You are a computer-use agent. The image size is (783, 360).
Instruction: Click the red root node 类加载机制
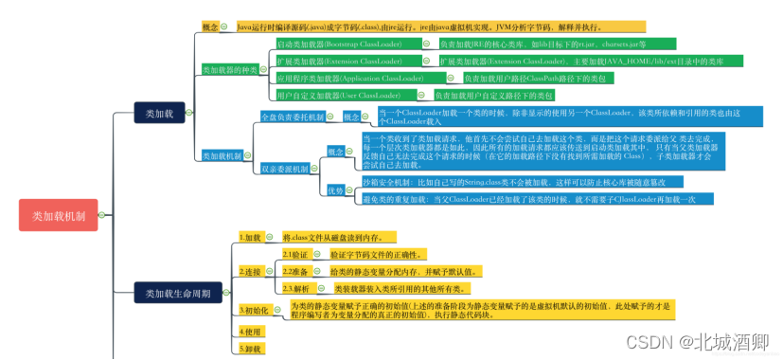pyautogui.click(x=58, y=216)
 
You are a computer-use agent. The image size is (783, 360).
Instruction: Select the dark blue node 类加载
pyautogui.click(x=158, y=113)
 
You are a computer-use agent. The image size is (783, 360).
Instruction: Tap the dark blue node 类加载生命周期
pyautogui.click(x=178, y=292)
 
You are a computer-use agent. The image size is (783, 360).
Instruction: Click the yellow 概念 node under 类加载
pyautogui.click(x=210, y=27)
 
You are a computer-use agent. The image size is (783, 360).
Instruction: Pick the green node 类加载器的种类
pyautogui.click(x=231, y=70)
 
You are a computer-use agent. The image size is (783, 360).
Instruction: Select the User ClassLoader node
pyautogui.click(x=335, y=96)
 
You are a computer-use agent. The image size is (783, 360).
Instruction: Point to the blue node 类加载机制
pyautogui.click(x=222, y=155)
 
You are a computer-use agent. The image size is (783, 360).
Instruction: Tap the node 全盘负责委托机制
pyautogui.click(x=292, y=117)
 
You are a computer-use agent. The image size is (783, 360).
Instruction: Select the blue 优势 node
pyautogui.click(x=335, y=190)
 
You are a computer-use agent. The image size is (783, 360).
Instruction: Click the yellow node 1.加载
pyautogui.click(x=251, y=237)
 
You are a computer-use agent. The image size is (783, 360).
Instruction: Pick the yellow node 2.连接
pyautogui.click(x=251, y=272)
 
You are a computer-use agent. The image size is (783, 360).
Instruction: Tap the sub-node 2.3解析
pyautogui.click(x=295, y=288)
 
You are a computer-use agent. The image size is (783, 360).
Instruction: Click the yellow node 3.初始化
pyautogui.click(x=255, y=310)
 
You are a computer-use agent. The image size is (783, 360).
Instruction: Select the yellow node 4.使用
pyautogui.click(x=250, y=332)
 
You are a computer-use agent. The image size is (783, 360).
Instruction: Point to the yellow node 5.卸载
pyautogui.click(x=250, y=349)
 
